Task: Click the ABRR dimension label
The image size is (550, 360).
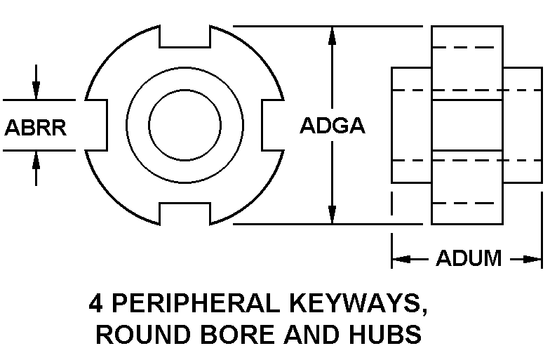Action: click(36, 127)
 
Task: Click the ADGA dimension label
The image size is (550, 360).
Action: click(333, 126)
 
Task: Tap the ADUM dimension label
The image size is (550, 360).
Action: click(469, 258)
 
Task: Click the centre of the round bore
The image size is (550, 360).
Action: click(185, 125)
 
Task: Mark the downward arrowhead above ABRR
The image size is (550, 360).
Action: click(36, 91)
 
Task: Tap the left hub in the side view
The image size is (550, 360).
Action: click(411, 125)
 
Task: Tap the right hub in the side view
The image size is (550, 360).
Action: click(522, 125)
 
